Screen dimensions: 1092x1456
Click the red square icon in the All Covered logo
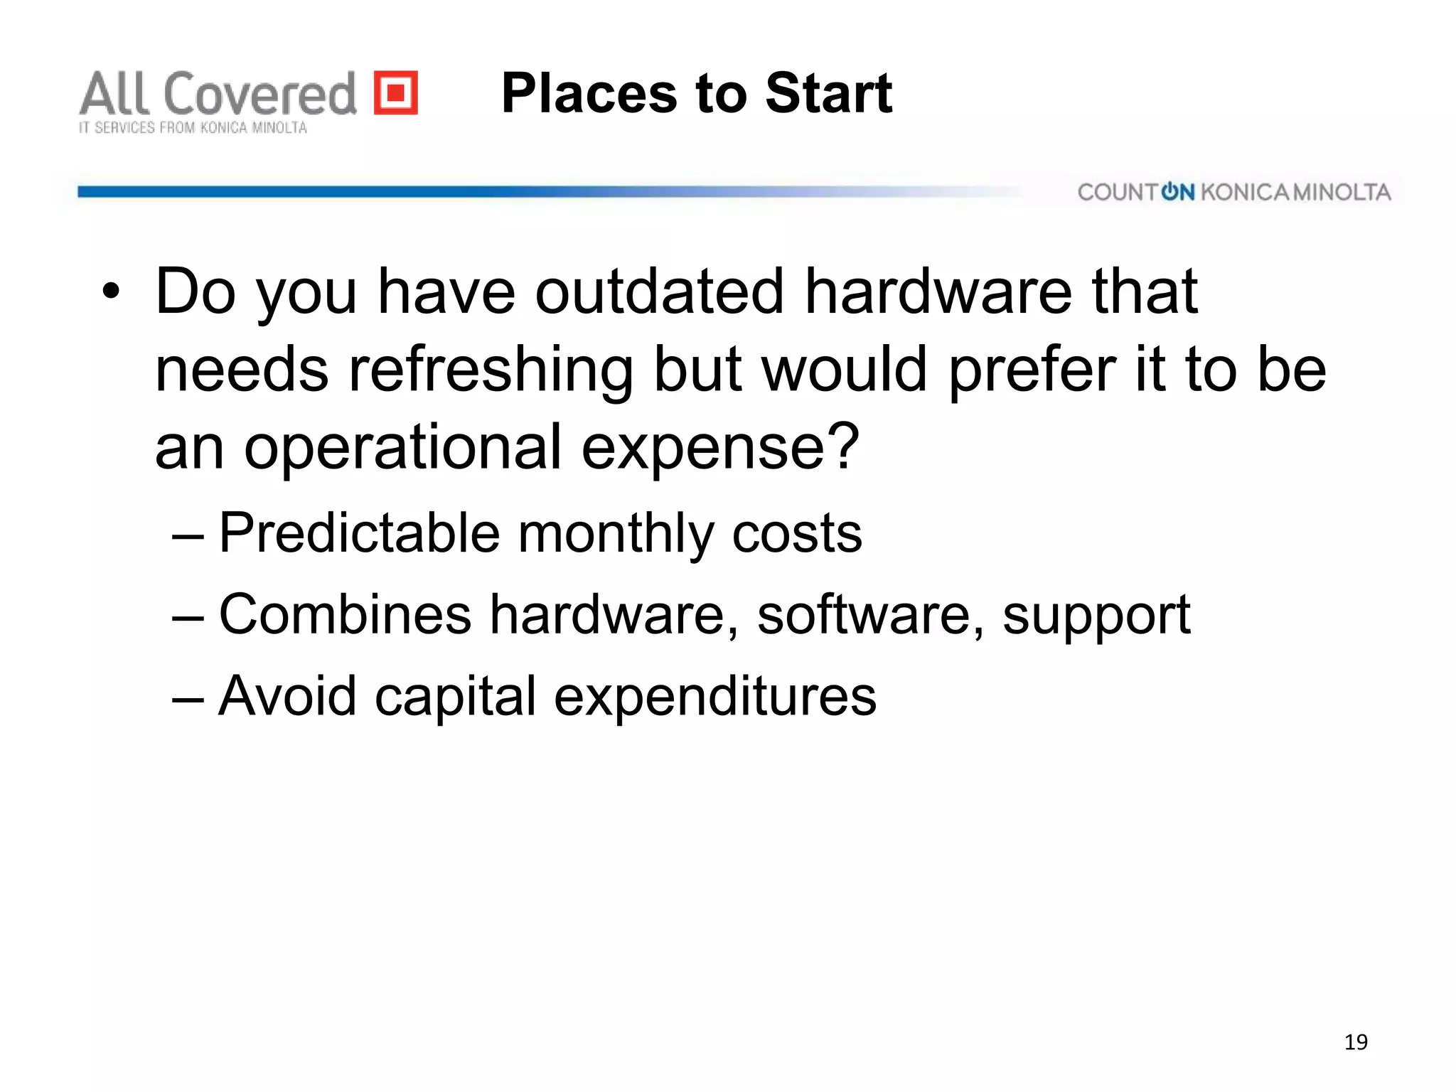pos(396,92)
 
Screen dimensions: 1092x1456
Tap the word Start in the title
pos(828,93)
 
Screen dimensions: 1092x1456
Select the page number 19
pos(1356,1042)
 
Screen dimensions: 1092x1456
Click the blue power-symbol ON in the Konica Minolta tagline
pos(1178,192)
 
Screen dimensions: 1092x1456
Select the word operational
pos(403,446)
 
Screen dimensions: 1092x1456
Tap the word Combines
pos(346,614)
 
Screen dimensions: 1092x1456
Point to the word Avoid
pos(287,695)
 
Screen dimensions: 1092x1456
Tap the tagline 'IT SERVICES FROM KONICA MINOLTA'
pos(193,128)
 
